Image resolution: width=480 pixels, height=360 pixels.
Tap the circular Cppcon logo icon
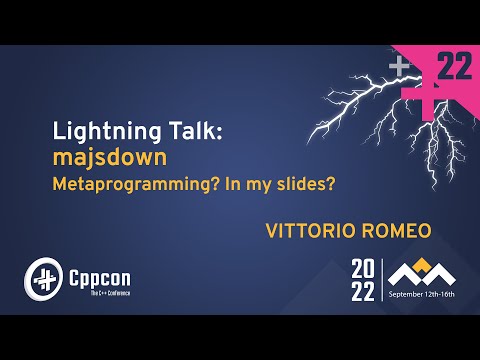tap(42, 276)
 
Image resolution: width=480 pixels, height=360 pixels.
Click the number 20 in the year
tap(361, 269)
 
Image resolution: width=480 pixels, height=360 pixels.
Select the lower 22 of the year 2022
tap(361, 290)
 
